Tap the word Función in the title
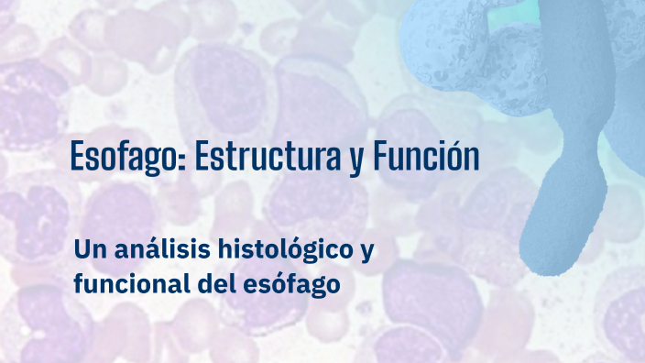(426, 158)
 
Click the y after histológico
(367, 252)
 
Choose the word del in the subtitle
(213, 284)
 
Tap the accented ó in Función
(455, 158)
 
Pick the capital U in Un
(82, 248)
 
